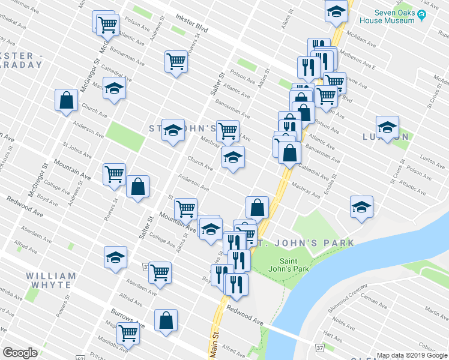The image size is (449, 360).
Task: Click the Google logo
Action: [20, 353]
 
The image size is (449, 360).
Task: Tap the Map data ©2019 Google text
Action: [412, 355]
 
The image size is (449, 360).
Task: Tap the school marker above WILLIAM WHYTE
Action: [115, 256]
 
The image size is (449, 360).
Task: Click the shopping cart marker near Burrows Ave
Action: [128, 332]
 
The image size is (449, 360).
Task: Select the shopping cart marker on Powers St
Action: [114, 173]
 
